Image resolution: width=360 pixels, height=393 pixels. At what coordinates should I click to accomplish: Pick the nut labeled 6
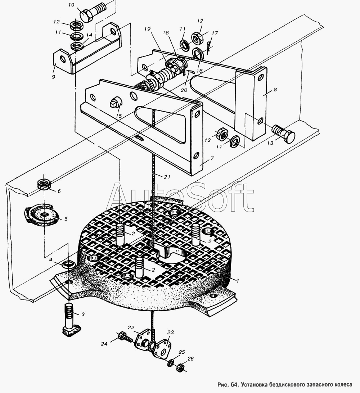pos(44,184)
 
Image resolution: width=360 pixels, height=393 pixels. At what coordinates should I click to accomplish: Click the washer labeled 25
pos(172,362)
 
